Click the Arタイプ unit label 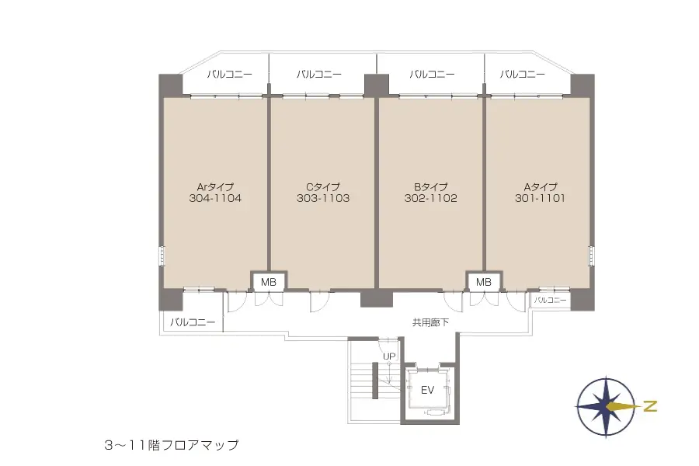(x=215, y=186)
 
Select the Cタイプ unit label (x=323, y=186)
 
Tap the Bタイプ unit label (x=430, y=186)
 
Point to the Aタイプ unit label (x=539, y=186)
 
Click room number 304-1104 (x=215, y=199)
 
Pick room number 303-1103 (x=323, y=199)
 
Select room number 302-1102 (x=430, y=199)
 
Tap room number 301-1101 (x=539, y=199)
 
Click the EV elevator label (x=427, y=391)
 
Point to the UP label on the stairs (x=389, y=356)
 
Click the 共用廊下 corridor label (x=430, y=322)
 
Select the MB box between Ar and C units (x=269, y=282)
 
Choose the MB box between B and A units (x=484, y=282)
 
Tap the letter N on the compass (x=651, y=405)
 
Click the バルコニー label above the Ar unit (x=230, y=75)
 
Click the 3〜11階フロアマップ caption (x=171, y=446)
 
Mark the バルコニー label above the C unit (x=318, y=75)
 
